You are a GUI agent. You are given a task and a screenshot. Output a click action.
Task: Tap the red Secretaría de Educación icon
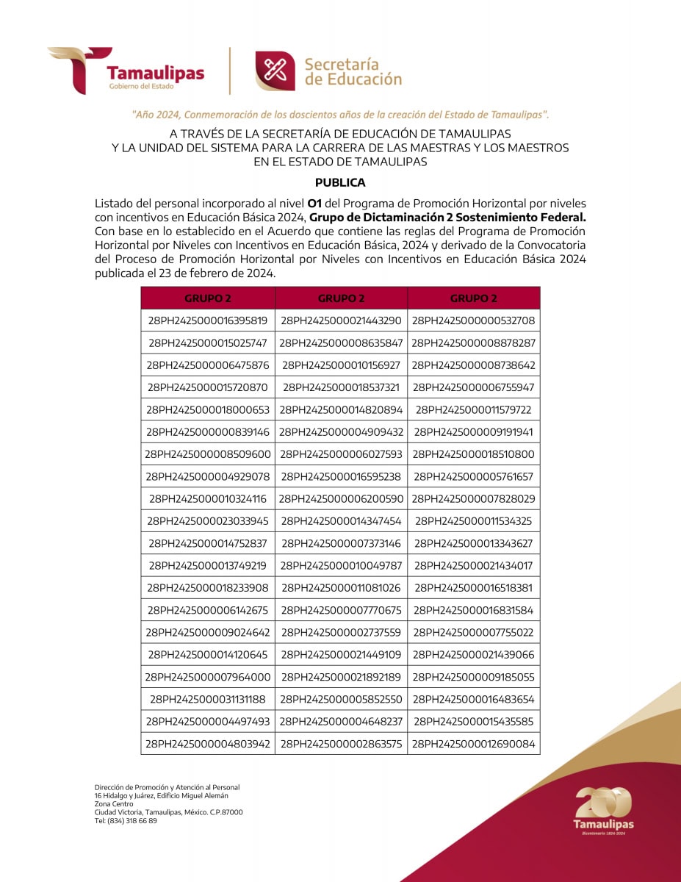point(275,71)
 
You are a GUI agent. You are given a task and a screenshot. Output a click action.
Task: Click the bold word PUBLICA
point(340,182)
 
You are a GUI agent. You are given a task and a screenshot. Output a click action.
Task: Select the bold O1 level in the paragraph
point(314,202)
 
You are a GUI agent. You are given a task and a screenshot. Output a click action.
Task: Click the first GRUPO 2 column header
point(208,298)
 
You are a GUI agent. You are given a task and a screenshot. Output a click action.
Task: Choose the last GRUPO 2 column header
point(473,298)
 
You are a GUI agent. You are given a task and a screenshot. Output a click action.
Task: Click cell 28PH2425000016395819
point(208,320)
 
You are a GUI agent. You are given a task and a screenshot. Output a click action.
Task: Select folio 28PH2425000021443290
point(341,320)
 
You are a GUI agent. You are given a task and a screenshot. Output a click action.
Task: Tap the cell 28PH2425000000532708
point(473,320)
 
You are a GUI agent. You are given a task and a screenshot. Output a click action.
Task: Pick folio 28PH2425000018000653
point(208,409)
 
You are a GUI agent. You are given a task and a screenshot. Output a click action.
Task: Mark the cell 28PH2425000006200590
point(341,498)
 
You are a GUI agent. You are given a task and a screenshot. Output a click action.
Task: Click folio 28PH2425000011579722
point(473,409)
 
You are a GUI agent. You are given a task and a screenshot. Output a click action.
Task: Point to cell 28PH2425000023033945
point(208,521)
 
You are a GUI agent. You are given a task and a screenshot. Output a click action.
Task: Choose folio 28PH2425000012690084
point(473,744)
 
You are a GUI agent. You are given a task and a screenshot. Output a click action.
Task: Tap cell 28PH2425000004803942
point(208,744)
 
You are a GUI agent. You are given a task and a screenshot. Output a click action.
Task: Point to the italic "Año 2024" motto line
point(340,115)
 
